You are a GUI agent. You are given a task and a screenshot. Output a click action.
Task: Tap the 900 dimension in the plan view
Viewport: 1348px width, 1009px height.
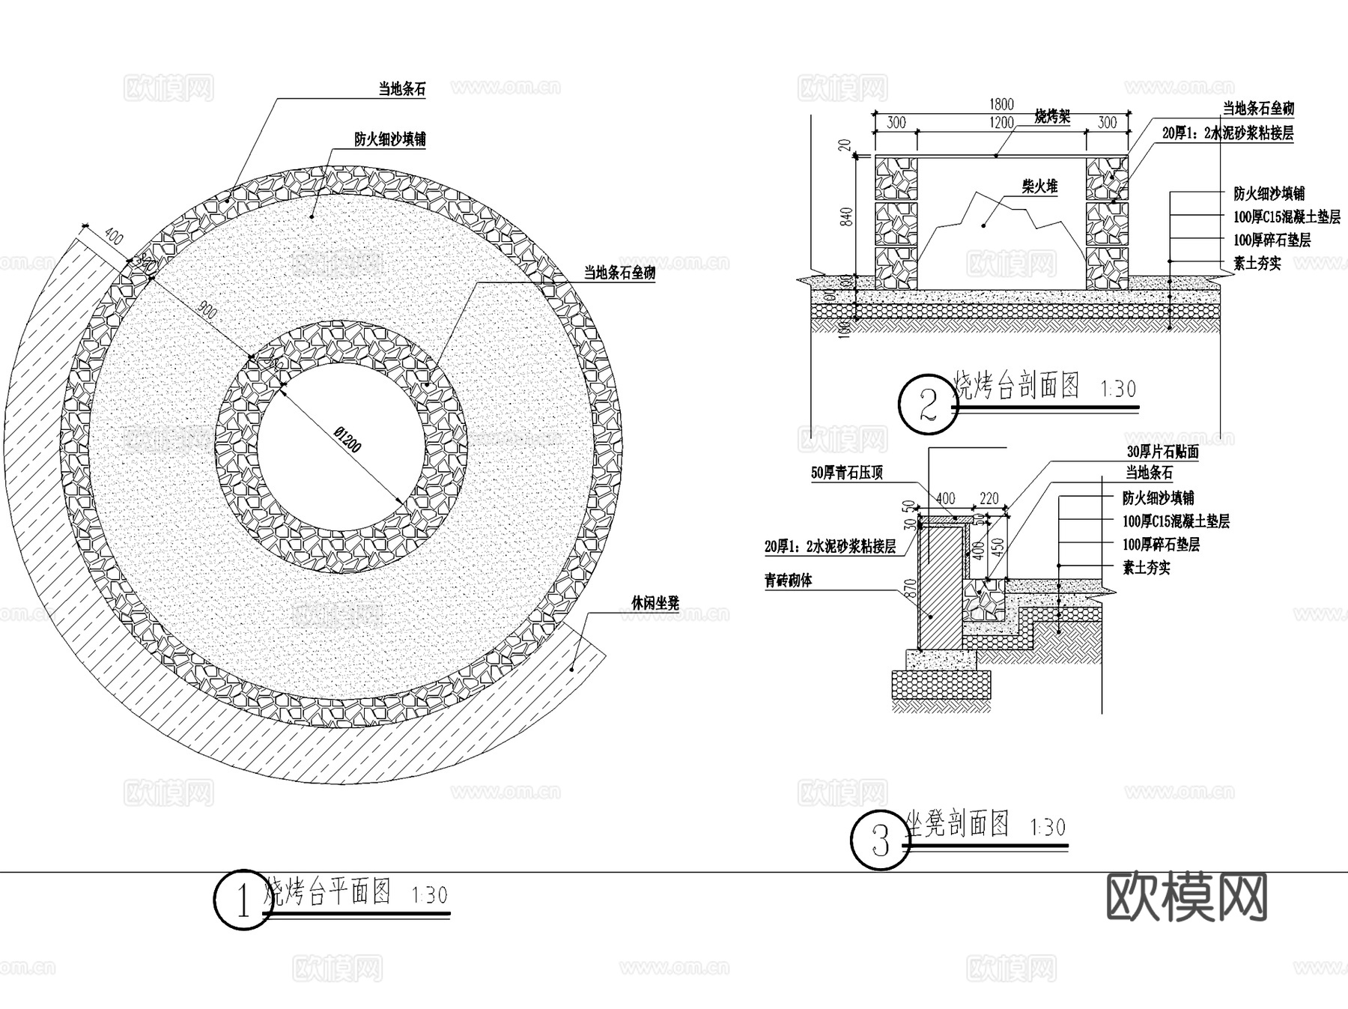tap(207, 309)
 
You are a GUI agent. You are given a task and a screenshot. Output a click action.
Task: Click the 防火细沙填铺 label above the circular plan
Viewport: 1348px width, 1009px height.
tap(390, 139)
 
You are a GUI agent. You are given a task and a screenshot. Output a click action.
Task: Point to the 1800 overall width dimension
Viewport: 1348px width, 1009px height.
tap(1001, 104)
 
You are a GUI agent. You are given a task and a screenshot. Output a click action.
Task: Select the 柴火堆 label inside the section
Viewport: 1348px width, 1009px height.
tap(1039, 187)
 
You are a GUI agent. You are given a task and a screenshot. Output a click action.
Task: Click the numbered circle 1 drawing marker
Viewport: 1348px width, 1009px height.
tap(243, 900)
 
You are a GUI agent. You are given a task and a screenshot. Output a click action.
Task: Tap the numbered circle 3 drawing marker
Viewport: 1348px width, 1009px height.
tap(881, 841)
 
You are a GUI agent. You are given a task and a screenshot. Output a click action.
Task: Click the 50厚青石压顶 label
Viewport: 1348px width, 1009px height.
tap(846, 473)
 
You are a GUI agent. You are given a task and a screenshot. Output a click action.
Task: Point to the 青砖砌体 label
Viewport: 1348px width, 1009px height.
tap(788, 581)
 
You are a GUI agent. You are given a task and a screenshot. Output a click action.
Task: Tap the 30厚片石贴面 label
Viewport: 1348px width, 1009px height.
tap(1162, 452)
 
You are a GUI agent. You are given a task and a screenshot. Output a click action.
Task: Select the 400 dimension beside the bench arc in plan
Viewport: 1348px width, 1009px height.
tap(114, 238)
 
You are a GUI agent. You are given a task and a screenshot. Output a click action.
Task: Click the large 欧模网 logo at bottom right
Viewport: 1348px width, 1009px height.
tap(1186, 897)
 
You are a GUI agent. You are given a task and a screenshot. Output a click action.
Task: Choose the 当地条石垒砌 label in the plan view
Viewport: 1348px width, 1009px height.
tap(619, 273)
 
